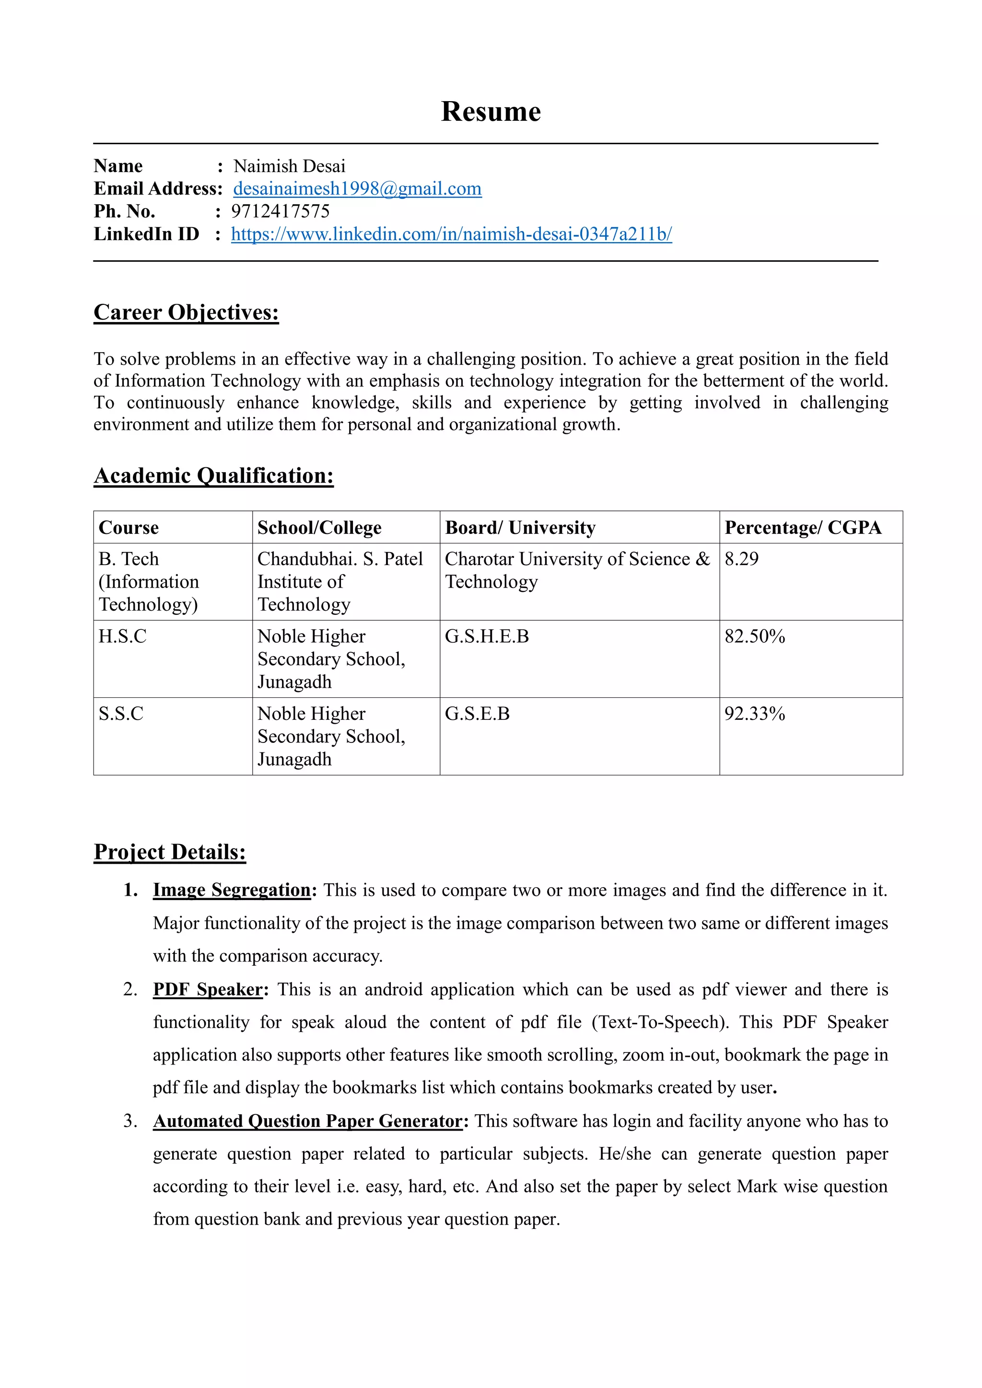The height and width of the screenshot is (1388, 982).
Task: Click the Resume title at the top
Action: tap(491, 112)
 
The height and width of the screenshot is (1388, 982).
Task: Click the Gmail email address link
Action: tap(357, 189)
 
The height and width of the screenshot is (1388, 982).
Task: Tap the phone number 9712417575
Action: tap(280, 211)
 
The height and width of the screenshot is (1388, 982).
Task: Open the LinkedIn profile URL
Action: tap(451, 234)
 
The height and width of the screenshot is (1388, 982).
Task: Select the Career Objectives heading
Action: tap(186, 312)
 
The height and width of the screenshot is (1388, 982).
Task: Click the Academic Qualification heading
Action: tap(213, 476)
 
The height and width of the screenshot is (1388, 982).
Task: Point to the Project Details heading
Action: tap(170, 852)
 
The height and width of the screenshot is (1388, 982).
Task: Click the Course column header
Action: tap(129, 528)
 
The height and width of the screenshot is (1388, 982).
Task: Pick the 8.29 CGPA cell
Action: tap(741, 559)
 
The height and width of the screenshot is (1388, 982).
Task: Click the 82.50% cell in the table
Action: tap(754, 636)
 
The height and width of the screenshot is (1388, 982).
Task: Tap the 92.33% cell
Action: tap(754, 714)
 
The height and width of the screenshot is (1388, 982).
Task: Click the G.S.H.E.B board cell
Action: tap(487, 636)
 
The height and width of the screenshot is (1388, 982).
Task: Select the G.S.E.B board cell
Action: tap(477, 714)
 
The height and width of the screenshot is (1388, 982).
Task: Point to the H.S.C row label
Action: tap(123, 636)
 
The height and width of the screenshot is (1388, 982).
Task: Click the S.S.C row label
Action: tap(121, 714)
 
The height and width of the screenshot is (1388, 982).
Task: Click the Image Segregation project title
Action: tap(232, 890)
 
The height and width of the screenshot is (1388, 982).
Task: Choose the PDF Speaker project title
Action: tap(208, 990)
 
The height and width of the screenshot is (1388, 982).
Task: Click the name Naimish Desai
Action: tap(289, 166)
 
